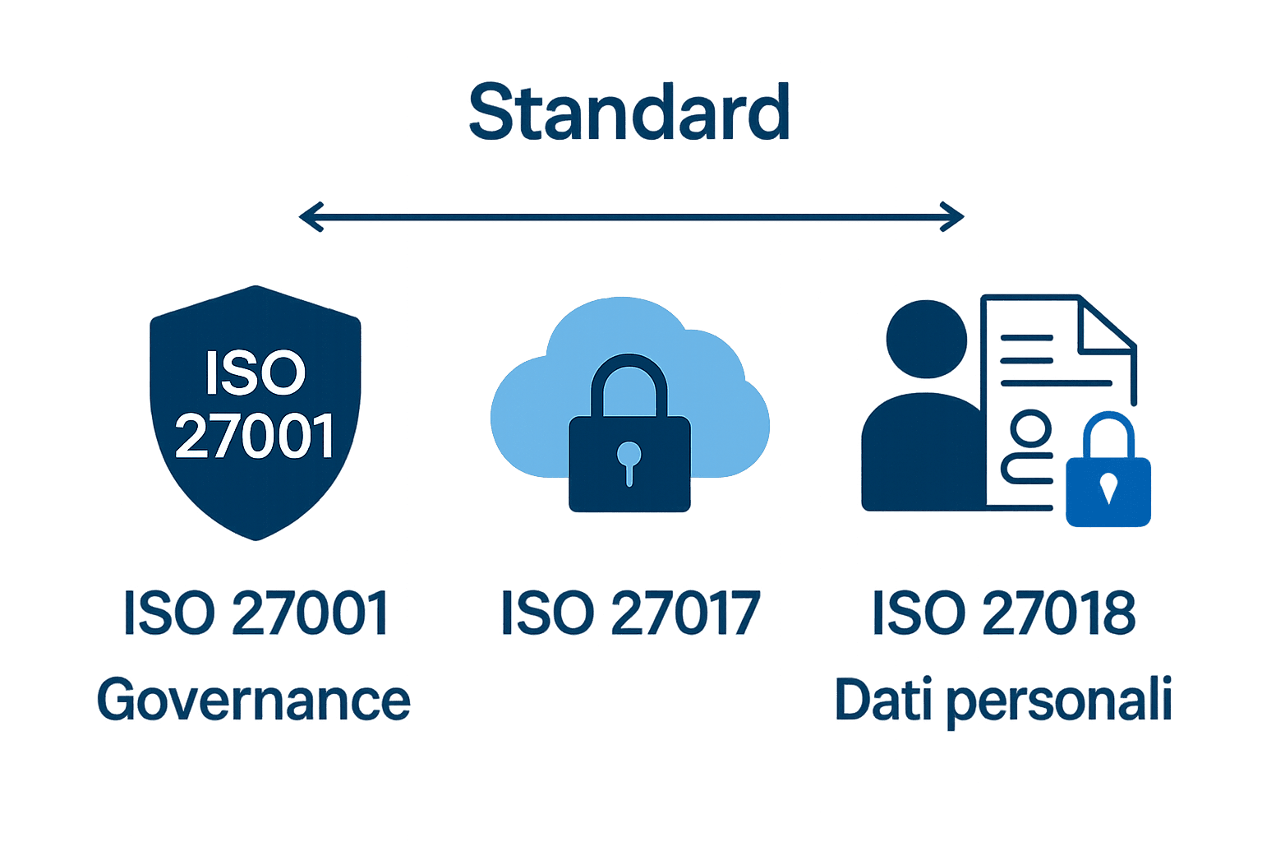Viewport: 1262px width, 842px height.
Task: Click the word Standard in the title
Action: (x=629, y=113)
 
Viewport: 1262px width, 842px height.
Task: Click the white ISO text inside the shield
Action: (x=256, y=373)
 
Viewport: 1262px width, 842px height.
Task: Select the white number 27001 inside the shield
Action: (x=256, y=436)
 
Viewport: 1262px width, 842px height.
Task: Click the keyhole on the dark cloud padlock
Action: (x=629, y=460)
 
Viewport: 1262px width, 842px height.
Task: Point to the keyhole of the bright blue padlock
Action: (x=1108, y=488)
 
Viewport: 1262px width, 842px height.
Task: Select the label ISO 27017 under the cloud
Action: (x=630, y=613)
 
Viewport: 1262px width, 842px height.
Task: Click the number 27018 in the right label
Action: (x=1059, y=613)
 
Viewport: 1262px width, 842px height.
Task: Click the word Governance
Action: (x=254, y=700)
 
